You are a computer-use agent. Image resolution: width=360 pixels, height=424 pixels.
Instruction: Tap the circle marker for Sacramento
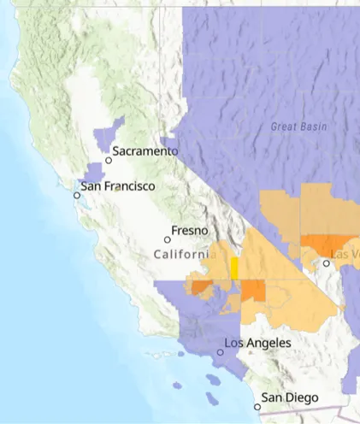[109, 160]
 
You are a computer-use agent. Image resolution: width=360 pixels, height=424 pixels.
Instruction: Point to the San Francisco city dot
[77, 195]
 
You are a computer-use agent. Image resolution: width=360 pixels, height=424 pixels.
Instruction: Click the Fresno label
[188, 231]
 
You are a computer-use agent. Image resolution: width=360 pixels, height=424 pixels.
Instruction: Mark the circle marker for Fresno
[168, 239]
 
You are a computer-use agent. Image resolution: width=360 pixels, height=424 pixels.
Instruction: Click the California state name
[180, 255]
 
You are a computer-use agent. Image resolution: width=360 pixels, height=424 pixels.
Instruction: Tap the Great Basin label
[298, 127]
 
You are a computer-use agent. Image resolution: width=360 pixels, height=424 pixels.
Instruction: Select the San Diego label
[290, 397]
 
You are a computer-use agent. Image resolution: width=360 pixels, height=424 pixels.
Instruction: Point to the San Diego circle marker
[257, 406]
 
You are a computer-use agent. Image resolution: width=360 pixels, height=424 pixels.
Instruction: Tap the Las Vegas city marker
[326, 263]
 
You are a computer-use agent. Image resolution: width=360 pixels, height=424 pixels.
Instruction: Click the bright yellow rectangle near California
[233, 268]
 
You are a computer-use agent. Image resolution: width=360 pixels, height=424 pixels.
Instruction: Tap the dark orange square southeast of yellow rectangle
[253, 291]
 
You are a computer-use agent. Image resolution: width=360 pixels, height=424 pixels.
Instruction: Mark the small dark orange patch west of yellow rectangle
[200, 286]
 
